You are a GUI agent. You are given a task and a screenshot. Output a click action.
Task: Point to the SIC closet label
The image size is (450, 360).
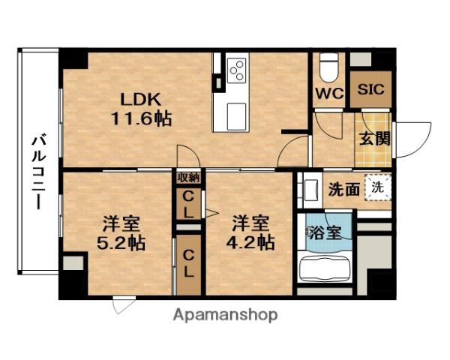[x=370, y=88]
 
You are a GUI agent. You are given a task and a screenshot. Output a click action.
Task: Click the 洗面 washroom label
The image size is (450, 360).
[x=344, y=189]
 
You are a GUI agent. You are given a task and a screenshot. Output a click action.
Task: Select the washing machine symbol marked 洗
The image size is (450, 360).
[x=379, y=187]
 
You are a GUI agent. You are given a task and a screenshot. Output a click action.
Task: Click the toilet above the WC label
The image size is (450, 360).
[x=328, y=68]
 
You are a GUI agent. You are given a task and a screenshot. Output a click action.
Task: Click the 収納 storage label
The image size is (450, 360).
[x=189, y=178]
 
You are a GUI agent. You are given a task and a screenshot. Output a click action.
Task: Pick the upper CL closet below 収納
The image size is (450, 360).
[x=188, y=204]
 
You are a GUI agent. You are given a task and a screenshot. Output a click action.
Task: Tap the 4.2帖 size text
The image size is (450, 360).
[x=252, y=243]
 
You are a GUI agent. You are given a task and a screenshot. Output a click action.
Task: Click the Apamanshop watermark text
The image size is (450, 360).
[x=226, y=315]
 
